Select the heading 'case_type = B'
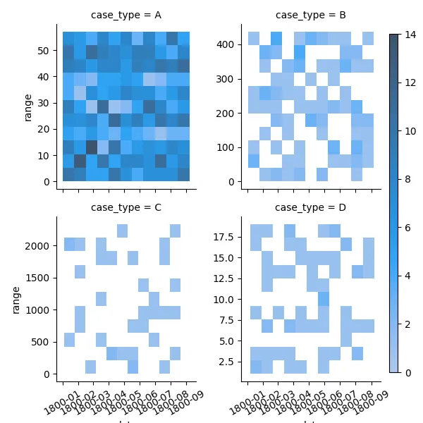(x=310, y=16)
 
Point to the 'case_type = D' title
(x=310, y=207)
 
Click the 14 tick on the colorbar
(x=407, y=35)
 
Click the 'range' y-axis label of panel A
(x=28, y=107)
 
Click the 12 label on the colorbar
(x=407, y=83)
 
